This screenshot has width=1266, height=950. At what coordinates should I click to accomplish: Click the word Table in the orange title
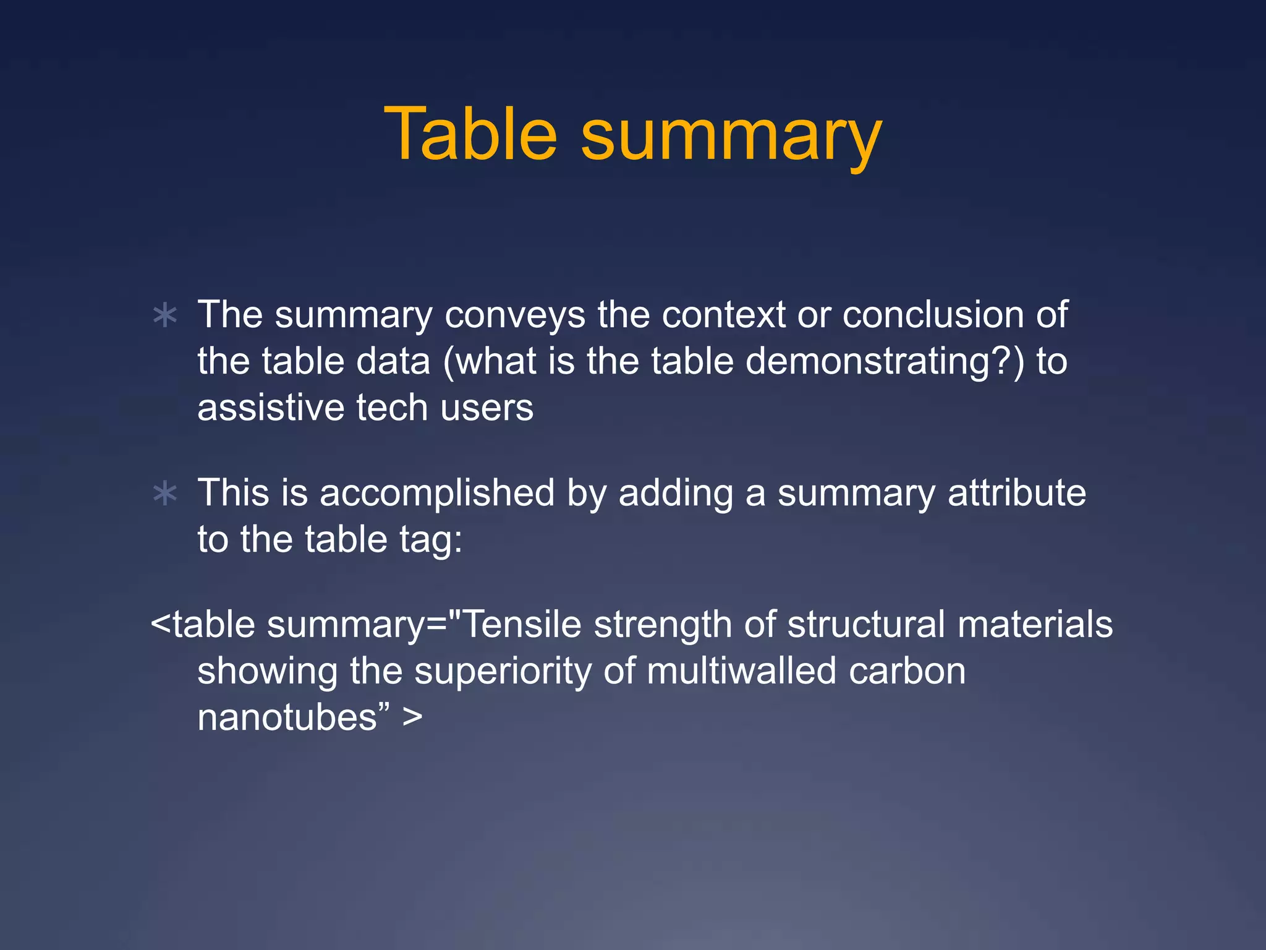[470, 134]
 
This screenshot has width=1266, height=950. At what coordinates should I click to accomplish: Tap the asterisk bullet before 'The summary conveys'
[165, 315]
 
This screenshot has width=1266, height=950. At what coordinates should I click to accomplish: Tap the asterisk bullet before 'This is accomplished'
[165, 494]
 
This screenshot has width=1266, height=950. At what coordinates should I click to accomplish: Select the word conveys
[514, 315]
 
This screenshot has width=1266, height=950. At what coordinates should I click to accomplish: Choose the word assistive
[271, 408]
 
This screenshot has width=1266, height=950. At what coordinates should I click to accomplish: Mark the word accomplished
[437, 493]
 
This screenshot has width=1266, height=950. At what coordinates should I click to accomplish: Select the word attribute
[1016, 493]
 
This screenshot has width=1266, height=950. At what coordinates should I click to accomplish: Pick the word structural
[866, 624]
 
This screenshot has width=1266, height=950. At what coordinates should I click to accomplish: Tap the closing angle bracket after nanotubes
[412, 717]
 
